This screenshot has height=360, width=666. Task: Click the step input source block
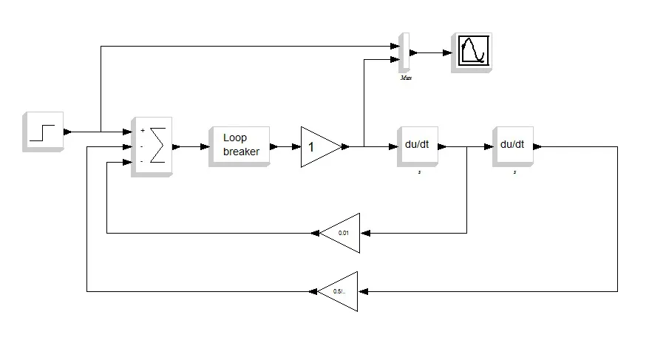coord(43,131)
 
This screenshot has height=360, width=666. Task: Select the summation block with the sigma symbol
coord(152,146)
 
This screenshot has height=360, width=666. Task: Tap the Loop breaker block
coord(239,145)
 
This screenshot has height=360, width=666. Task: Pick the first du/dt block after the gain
coord(417,145)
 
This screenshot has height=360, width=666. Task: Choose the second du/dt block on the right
coord(512,145)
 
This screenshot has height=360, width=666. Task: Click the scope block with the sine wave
coord(472,52)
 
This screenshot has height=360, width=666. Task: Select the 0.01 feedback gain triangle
coord(342,233)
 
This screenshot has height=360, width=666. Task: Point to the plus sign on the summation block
coord(142,131)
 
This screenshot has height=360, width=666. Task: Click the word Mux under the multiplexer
coord(405,78)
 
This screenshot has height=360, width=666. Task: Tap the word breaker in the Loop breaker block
coord(241,152)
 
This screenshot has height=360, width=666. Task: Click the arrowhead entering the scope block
coord(447,52)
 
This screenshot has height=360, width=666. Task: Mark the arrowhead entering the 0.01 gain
coord(364,233)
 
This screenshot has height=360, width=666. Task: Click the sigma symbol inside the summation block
coord(157,146)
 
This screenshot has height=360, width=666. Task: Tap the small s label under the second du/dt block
coord(515,171)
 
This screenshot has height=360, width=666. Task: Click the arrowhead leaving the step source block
coord(68,132)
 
